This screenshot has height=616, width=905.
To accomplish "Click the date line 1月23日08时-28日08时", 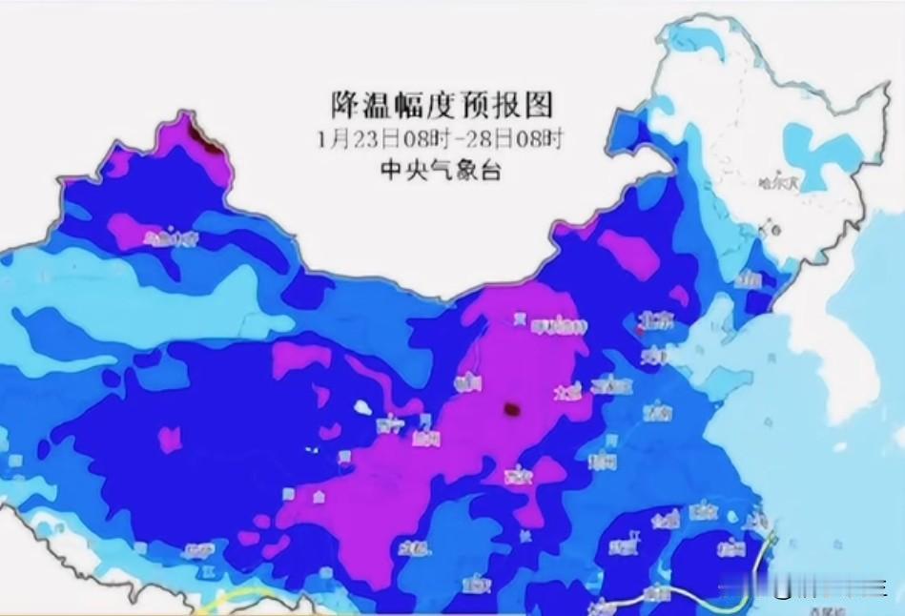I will coord(442,139).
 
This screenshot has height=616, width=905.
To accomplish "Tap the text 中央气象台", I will coord(442,172).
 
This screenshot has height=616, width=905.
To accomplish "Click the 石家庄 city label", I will coord(611,385).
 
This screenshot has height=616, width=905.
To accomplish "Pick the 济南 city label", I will coord(656,412).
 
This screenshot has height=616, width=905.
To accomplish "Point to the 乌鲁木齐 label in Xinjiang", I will coord(171,236).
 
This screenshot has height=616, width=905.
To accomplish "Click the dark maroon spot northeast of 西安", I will coord(512,411).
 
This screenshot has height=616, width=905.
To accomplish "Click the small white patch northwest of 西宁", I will coord(360,407).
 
